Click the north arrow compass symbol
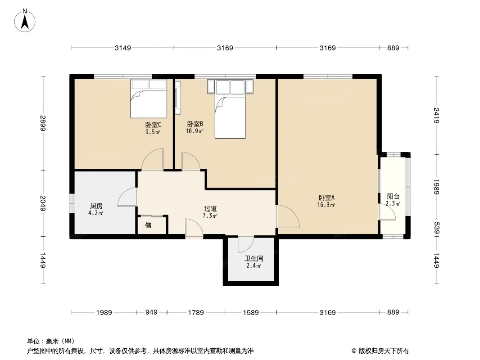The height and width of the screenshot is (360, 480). coord(25,21)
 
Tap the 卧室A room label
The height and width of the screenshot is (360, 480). coord(326,198)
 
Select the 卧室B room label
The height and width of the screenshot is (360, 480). coord(195,124)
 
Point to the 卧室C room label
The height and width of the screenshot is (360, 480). coord(153,125)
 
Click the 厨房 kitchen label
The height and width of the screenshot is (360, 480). coord(96,206)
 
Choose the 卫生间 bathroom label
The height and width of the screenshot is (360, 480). coord(254,259)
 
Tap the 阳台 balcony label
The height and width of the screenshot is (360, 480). coord(393,197)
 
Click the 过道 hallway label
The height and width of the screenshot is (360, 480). coord(211,209)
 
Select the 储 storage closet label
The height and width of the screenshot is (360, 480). coord(148,225)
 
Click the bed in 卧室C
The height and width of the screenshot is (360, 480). coord(149,99)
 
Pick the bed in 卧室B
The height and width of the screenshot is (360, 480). coord(230,109)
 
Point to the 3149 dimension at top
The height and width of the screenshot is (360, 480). coord(123,48)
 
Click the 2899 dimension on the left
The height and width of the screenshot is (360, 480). coord(43,123)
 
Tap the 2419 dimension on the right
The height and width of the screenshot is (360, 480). coord(437,116)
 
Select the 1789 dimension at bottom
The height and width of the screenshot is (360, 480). coord(196,312)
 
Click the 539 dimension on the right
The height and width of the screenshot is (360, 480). coord(437,228)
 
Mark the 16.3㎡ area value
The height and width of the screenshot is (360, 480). coord(326,205)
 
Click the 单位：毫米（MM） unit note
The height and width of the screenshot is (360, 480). coord(51,342)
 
